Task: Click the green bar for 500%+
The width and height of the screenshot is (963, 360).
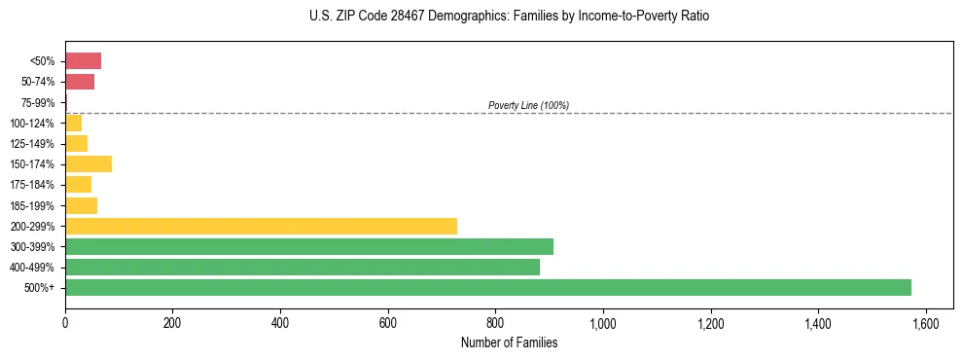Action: point(487,287)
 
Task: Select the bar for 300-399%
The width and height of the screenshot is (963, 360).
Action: point(308,246)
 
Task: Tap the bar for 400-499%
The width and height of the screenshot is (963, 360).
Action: point(302,267)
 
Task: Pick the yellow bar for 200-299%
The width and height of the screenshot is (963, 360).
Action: point(261,226)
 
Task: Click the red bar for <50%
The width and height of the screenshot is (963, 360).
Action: point(83,61)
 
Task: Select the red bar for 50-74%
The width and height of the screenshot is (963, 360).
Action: point(80,82)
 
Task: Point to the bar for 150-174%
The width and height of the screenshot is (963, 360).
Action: point(89,163)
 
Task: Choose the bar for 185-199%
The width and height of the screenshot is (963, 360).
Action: point(81,205)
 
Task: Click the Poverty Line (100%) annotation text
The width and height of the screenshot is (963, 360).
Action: point(528,105)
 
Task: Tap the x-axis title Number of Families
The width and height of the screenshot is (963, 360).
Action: point(509,342)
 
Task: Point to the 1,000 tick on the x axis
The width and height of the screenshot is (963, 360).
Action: point(603,323)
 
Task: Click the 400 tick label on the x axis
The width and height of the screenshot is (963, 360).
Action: point(280,323)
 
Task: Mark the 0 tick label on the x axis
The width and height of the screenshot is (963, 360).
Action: point(65,323)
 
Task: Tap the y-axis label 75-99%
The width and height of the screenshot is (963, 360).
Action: point(39,103)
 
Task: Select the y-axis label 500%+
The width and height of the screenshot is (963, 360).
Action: point(41,288)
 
